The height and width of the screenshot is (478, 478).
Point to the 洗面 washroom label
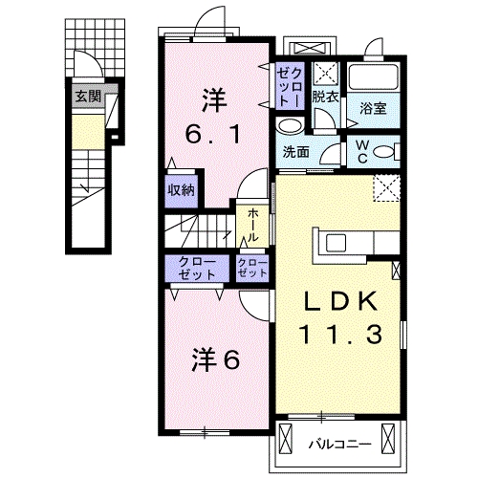coord(294,151)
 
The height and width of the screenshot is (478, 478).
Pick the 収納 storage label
coord(182,188)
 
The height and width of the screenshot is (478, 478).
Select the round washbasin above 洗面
coord(287,125)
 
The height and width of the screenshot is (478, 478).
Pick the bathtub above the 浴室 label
coord(373,77)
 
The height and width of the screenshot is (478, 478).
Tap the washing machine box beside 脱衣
coord(325,71)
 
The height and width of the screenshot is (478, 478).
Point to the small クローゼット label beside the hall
coord(251,268)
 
